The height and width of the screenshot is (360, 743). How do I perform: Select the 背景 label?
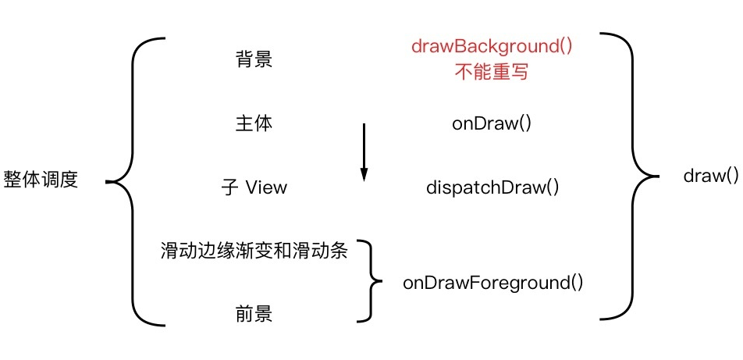coord(254,59)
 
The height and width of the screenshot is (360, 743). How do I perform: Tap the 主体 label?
coord(254,123)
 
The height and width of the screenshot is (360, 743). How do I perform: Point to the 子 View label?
coord(254,188)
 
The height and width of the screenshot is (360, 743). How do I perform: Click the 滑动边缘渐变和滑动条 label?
coord(254,251)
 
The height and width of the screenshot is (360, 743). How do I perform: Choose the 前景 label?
coord(254,314)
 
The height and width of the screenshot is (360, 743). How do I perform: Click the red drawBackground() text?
coord(492,46)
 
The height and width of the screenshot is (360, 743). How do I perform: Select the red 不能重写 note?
coord(492,72)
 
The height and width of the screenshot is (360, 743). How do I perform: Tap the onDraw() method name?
coord(492,124)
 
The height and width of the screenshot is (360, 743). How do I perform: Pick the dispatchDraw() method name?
coord(492,188)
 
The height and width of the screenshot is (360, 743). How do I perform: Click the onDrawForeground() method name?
coord(492,283)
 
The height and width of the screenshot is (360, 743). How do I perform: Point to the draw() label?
coord(710,176)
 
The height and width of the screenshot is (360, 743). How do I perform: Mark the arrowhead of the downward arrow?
coord(364,176)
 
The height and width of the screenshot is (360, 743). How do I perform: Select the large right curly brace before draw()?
coord(632,176)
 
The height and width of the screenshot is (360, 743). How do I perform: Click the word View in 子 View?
coord(266,188)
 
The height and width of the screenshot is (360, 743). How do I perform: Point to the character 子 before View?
coord(229,188)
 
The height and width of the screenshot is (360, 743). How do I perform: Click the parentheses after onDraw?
coord(526,124)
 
